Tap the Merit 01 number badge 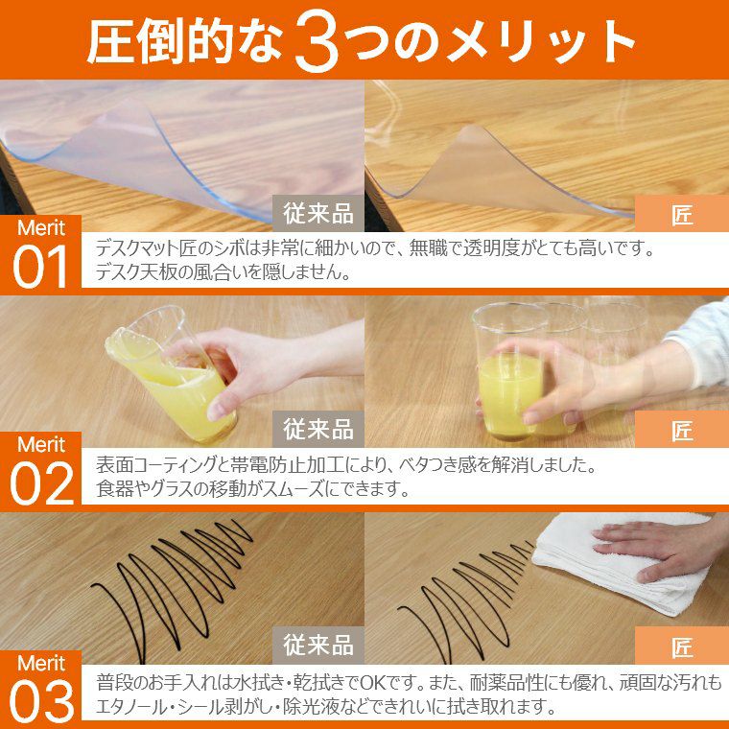(41, 254)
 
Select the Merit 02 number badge (41, 471)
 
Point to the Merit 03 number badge (41, 689)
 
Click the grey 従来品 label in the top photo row (318, 213)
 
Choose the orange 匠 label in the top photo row (682, 213)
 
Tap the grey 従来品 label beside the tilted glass (318, 429)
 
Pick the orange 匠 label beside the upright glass (682, 429)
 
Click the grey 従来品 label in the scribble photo (318, 646)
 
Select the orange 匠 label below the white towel (682, 646)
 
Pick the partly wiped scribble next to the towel (465, 600)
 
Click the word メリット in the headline (541, 41)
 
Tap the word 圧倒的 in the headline (159, 41)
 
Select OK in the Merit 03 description (373, 683)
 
